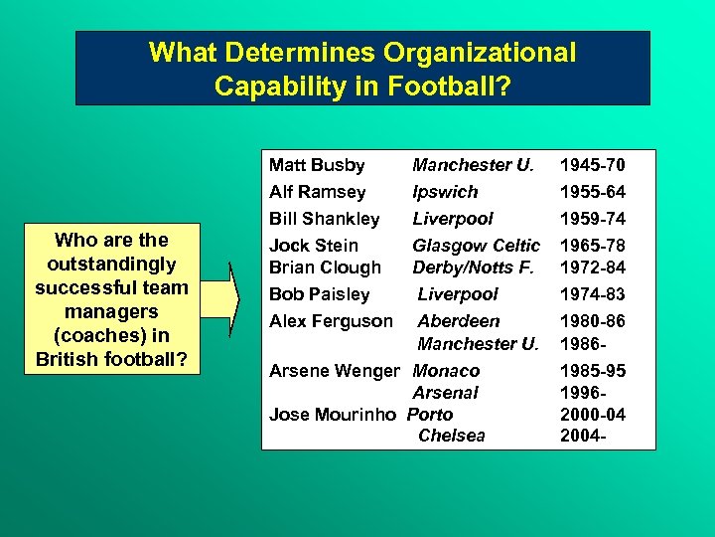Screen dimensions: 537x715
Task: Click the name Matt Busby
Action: pos(317,165)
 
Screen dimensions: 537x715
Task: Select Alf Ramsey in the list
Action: pos(317,192)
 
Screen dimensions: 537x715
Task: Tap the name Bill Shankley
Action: pos(324,219)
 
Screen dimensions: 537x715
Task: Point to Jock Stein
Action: pos(314,246)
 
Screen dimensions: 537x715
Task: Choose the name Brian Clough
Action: pos(325,268)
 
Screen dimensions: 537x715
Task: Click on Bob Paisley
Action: pos(319,294)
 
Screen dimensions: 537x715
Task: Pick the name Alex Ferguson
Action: pos(330,321)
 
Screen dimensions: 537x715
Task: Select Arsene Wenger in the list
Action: pos(334,371)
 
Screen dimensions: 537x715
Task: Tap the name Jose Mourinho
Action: pos(333,414)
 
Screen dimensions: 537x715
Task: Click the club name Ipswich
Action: pos(445,192)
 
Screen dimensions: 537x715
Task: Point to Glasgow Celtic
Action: pos(476,246)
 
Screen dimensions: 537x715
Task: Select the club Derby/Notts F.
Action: pos(473,268)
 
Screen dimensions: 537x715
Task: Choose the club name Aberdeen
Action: pos(458,321)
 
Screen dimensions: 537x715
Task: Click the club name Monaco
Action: pos(446,371)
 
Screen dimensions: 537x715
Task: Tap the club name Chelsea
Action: pos(451,436)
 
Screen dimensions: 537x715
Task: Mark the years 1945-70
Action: pos(593,165)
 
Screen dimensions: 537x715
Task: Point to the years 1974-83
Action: pos(593,294)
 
